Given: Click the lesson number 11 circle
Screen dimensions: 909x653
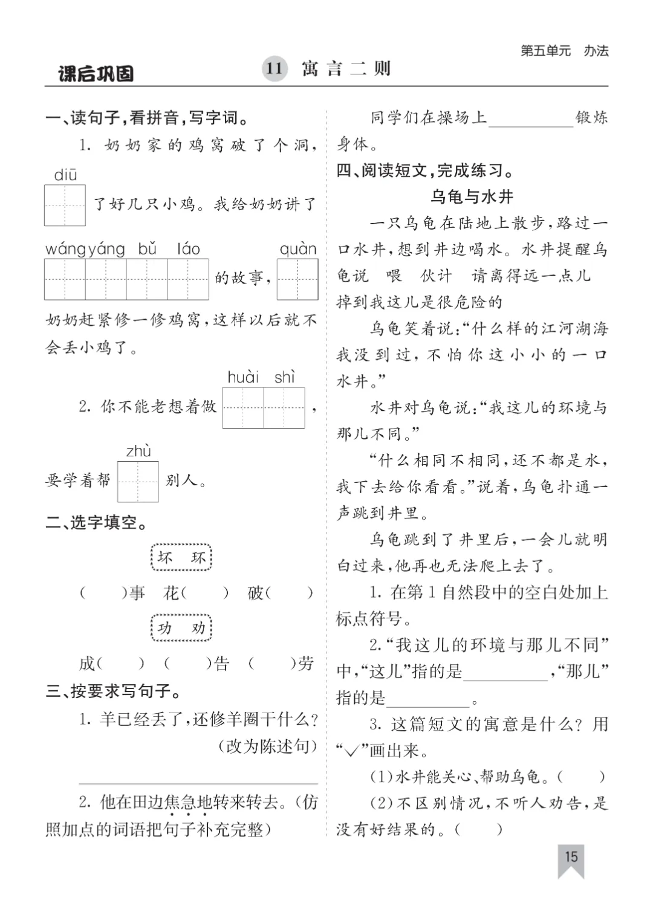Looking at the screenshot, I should [x=275, y=68].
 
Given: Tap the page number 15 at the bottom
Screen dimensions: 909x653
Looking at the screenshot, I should [x=571, y=856].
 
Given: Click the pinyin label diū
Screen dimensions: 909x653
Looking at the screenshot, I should [x=65, y=175].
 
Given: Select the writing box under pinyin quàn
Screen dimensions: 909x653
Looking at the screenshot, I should [x=297, y=279].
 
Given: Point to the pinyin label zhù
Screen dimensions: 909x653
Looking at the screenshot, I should [x=138, y=451].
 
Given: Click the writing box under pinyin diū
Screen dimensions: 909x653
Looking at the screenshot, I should [x=65, y=205].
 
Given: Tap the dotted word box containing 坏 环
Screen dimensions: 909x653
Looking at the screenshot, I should [x=181, y=558].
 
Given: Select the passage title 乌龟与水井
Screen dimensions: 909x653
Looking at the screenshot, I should [x=472, y=196].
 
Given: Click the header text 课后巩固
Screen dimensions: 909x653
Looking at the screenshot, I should [x=96, y=74].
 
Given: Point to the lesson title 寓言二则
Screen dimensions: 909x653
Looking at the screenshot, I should [x=346, y=68].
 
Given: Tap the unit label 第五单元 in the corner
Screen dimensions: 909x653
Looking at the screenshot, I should [x=545, y=51].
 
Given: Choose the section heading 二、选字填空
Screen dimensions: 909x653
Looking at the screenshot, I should [x=97, y=523].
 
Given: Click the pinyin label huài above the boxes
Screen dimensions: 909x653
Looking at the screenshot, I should [x=242, y=378].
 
